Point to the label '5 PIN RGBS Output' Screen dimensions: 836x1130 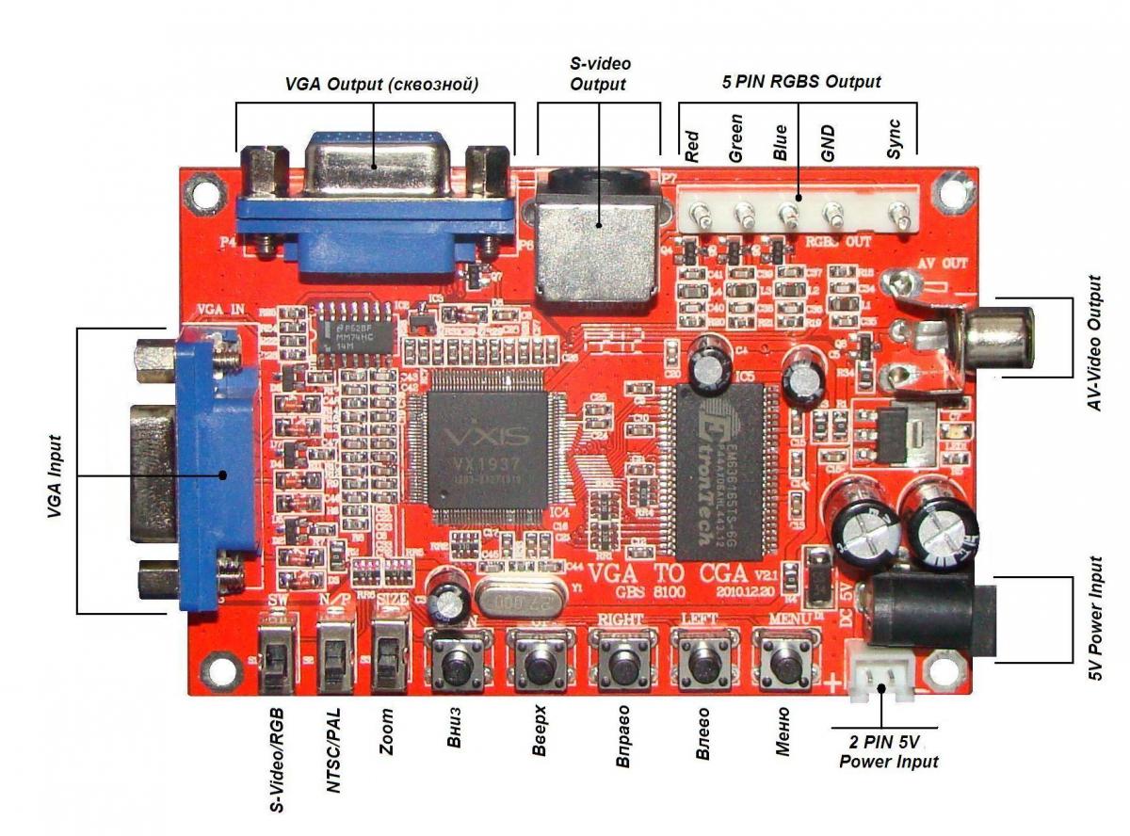click(801, 82)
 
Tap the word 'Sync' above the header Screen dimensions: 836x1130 click(896, 138)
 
